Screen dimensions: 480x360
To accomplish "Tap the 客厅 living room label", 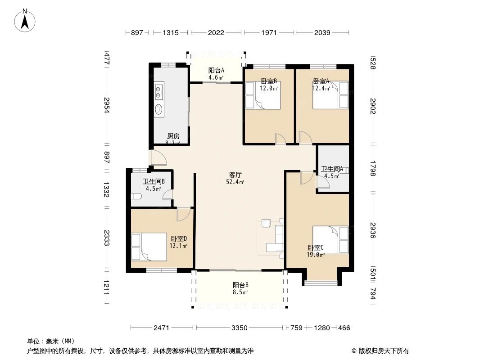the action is tap(235, 175).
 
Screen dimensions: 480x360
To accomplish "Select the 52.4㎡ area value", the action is tap(235, 182).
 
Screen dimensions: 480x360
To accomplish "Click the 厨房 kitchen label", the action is tap(173, 136).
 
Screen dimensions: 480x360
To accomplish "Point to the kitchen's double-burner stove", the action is tap(159, 90).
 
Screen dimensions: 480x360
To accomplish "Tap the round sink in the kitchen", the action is tap(159, 109).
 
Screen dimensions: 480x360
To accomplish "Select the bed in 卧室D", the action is tap(149, 247).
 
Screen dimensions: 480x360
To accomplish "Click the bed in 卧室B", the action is tap(263, 95).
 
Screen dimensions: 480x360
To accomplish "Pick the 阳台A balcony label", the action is tap(216, 70).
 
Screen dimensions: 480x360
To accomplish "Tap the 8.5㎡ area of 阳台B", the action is tap(240, 292).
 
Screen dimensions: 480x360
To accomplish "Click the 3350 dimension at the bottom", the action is tap(240, 328).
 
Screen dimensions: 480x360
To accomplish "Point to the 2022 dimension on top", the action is tap(216, 32).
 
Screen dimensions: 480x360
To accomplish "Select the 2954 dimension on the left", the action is tap(107, 105).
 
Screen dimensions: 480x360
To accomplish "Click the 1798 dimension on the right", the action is tap(372, 168).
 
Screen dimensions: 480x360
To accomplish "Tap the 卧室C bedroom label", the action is tap(316, 248).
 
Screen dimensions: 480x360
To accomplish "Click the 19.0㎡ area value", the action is tap(316, 255).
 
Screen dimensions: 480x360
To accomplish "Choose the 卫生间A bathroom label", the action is tap(332, 169).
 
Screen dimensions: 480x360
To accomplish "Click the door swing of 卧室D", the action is tap(184, 214).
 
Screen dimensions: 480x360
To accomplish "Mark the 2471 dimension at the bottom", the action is tap(161, 328).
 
